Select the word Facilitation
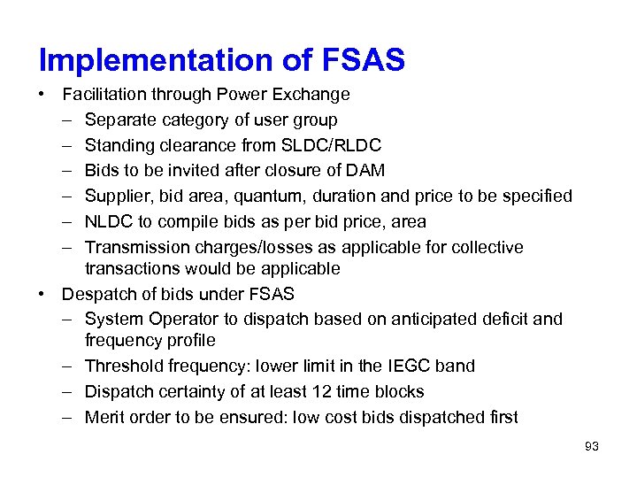point(107,94)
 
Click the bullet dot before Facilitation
point(43,95)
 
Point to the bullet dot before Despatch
point(43,294)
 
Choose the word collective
point(487,247)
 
